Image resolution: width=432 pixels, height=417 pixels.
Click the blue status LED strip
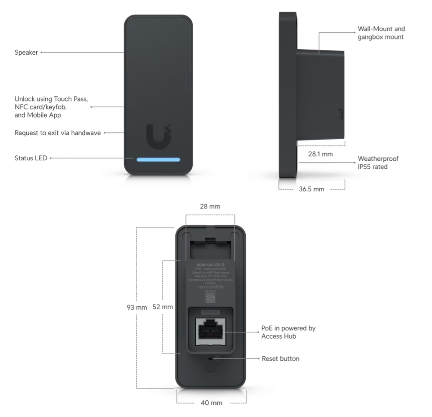point(158,159)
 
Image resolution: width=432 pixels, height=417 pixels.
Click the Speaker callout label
point(26,53)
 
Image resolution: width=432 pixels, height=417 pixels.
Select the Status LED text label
point(31,158)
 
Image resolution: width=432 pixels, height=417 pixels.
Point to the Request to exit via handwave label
point(58,133)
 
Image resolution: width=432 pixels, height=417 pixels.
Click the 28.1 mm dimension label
point(321,153)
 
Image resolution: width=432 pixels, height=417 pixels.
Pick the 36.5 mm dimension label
point(312,189)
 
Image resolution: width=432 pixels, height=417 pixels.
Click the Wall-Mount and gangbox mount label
point(381,33)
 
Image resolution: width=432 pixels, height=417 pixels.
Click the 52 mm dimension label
point(163,308)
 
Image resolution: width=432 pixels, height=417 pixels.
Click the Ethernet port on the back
point(210,332)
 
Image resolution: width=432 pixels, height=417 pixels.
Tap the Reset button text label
point(281,358)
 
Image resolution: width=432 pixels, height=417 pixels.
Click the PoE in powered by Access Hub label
point(288,332)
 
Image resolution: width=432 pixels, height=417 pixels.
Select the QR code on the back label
point(210,299)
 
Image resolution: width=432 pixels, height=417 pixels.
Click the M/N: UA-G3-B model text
point(210,263)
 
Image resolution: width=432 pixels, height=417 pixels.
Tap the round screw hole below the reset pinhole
point(210,369)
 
